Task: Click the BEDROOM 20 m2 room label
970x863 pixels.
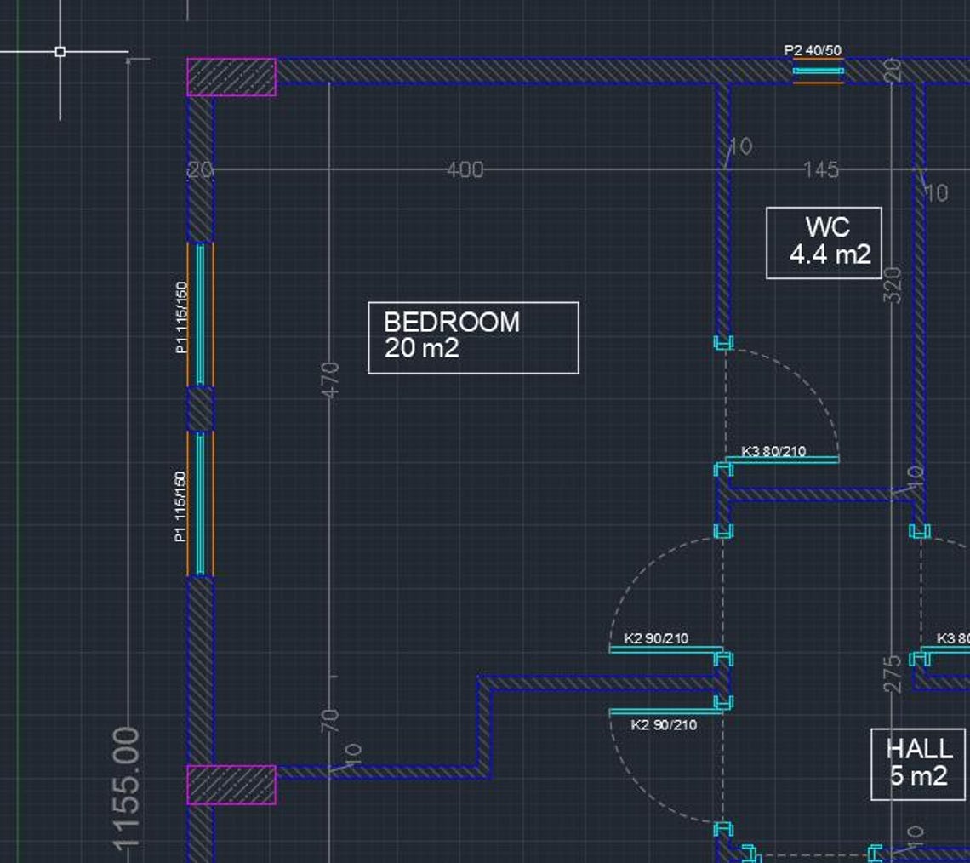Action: click(x=473, y=337)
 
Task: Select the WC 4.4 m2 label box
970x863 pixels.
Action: click(x=824, y=243)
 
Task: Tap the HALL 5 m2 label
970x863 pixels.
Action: click(x=918, y=763)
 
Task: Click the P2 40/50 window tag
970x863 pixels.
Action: click(x=813, y=51)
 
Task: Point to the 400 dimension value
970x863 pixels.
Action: click(x=465, y=170)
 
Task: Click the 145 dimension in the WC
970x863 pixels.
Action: click(x=821, y=170)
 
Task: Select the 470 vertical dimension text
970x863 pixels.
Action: click(x=332, y=378)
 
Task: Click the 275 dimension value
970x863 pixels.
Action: click(x=893, y=673)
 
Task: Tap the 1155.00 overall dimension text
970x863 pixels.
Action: click(x=127, y=787)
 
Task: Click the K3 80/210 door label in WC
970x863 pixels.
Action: click(x=773, y=451)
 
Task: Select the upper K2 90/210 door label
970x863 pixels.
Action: click(x=656, y=638)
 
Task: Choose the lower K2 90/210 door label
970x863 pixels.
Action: click(x=664, y=725)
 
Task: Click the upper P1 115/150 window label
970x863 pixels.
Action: click(x=180, y=317)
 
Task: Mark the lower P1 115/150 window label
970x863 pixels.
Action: click(x=180, y=506)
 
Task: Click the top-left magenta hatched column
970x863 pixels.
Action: click(x=231, y=77)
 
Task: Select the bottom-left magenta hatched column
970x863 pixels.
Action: click(x=231, y=784)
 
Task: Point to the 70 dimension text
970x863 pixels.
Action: click(x=332, y=720)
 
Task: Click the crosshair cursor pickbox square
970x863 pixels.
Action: click(x=60, y=52)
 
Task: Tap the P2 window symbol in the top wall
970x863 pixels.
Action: click(x=819, y=71)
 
